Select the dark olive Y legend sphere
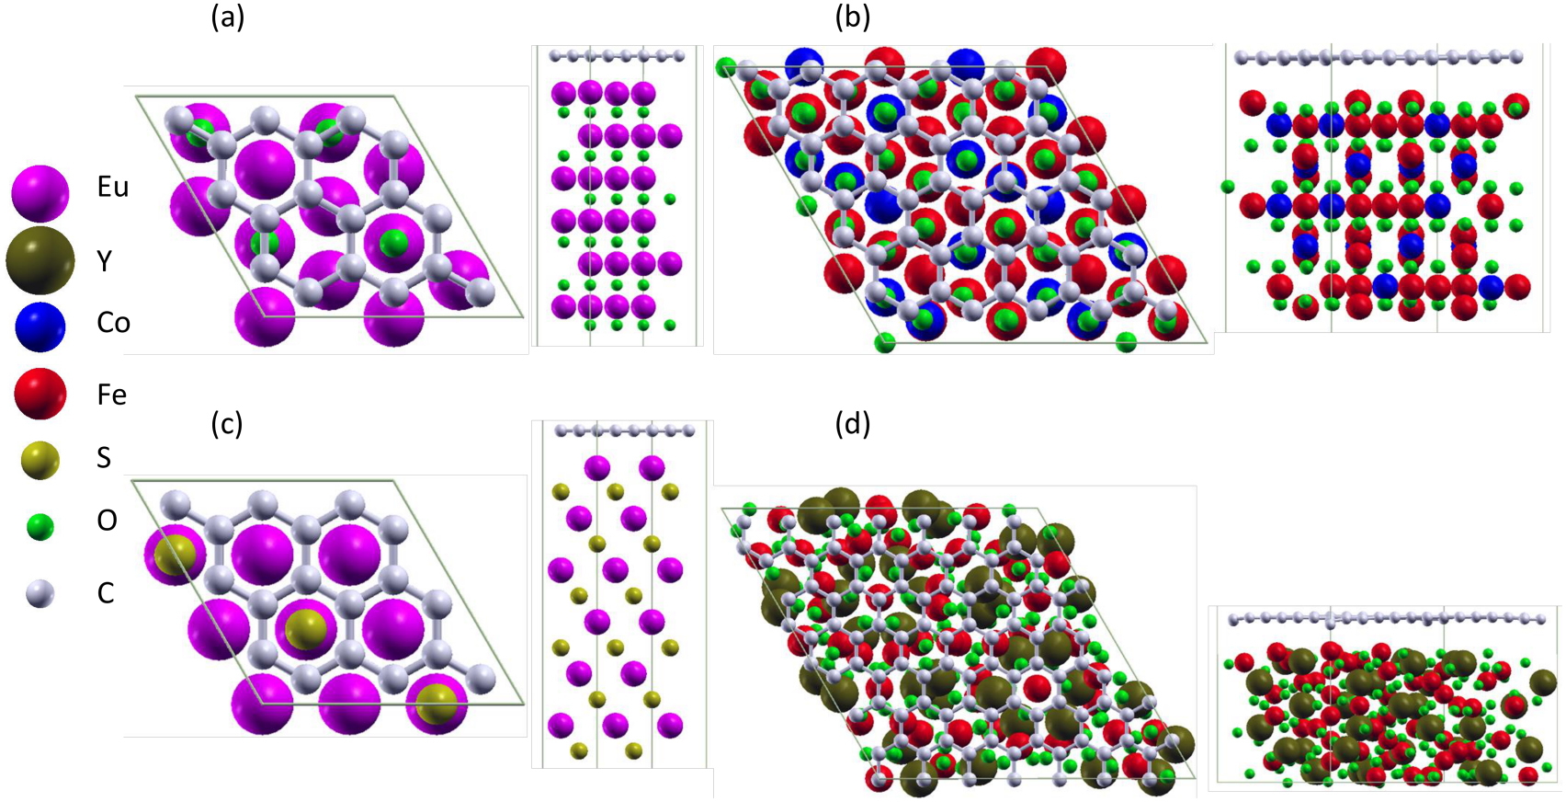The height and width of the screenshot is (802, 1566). tap(40, 261)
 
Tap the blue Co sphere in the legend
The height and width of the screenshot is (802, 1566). tap(40, 326)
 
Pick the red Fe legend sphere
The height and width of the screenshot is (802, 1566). tap(40, 394)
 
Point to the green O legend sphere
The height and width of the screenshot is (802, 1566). tap(40, 526)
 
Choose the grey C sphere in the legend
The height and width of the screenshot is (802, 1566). tap(40, 594)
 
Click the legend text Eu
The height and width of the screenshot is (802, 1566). tap(112, 187)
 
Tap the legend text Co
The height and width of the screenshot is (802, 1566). tap(113, 323)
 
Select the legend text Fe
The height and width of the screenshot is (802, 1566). tap(111, 395)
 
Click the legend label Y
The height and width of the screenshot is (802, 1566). tap(104, 262)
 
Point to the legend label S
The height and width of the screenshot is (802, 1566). tap(104, 458)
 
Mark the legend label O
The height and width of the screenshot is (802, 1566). tap(107, 521)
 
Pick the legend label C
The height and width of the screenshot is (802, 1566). tap(106, 593)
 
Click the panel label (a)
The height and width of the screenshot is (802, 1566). tap(228, 17)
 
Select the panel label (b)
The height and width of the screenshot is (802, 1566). tap(852, 17)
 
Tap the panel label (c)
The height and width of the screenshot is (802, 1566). tap(226, 424)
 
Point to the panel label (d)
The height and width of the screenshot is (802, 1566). tap(852, 424)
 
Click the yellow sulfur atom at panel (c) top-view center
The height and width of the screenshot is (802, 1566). tap(304, 630)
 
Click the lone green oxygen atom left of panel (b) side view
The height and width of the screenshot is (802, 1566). tap(1227, 187)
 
